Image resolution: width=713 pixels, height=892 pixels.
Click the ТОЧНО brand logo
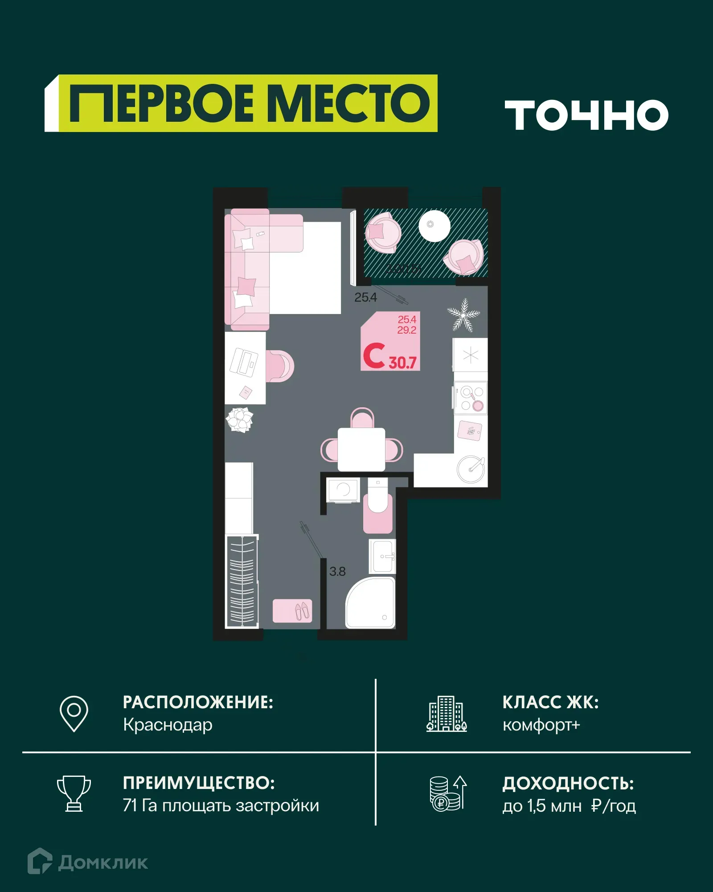coord(586,115)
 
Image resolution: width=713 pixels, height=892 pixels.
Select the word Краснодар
coord(168,725)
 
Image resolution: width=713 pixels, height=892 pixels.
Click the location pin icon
coord(74,713)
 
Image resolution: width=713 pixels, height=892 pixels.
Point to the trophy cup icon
coord(74,793)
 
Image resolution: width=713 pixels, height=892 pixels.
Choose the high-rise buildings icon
coord(446,714)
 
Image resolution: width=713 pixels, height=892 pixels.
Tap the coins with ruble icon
coord(447,794)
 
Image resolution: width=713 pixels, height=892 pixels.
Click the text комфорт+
coord(541,725)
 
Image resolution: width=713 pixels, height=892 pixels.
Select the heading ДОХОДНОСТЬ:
coord(568,784)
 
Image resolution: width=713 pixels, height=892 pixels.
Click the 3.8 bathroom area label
coord(337,571)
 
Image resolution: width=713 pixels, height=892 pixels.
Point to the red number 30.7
coord(402,363)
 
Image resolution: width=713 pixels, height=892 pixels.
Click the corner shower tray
coord(370,603)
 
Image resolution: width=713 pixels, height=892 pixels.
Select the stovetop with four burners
coord(471,398)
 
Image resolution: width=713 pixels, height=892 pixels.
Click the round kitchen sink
coord(471,469)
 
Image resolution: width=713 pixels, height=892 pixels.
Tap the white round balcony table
coord(434,225)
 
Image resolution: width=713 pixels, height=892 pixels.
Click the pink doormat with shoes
coord(292,611)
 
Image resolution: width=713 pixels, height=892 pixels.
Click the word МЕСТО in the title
coord(348,103)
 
